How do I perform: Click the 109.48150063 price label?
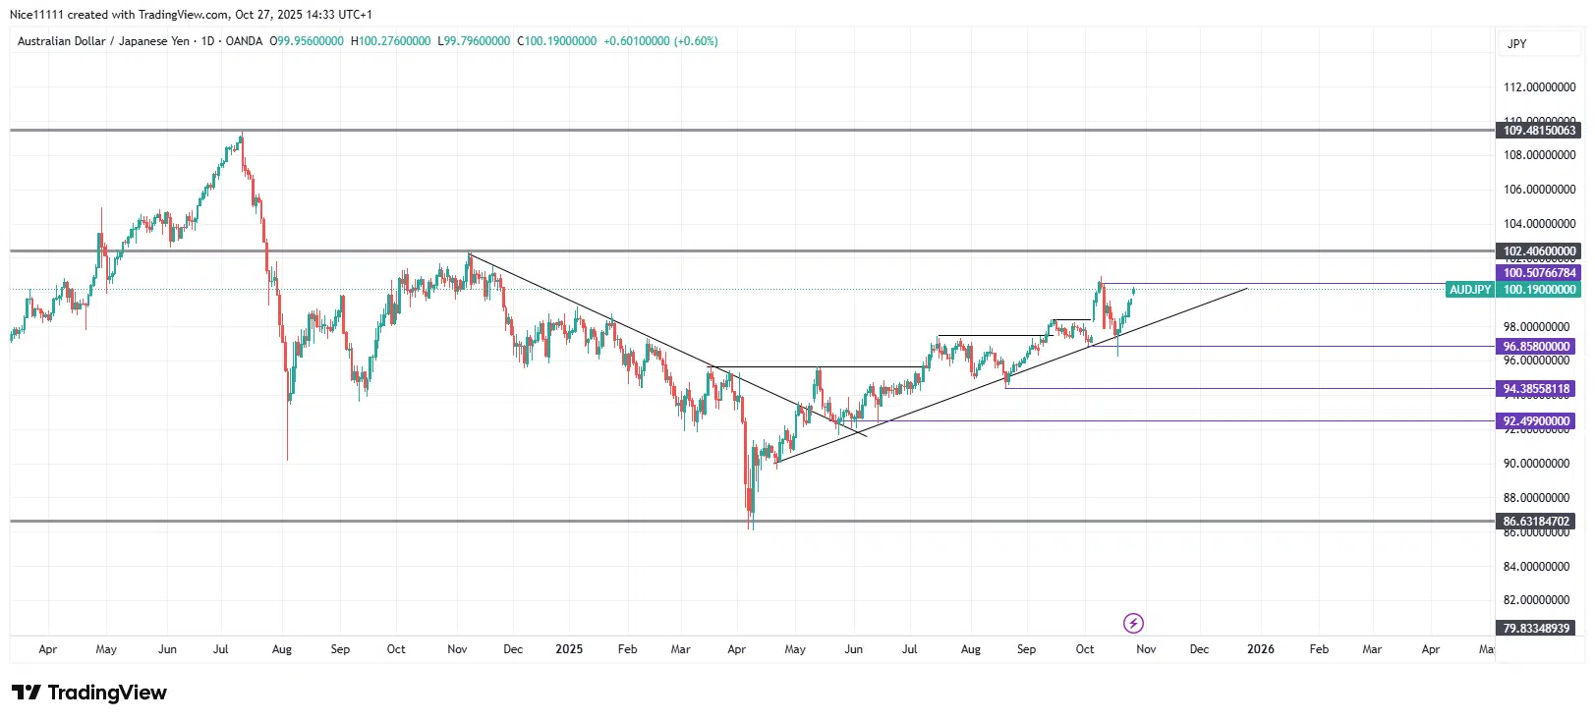click(1539, 131)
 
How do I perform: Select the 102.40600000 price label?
click(1539, 251)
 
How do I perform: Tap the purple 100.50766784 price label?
click(1539, 273)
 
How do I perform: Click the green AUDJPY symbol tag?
click(1470, 290)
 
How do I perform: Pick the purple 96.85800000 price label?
click(1537, 347)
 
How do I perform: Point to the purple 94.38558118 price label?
click(1537, 389)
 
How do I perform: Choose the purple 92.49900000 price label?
click(1537, 421)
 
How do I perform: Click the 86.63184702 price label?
click(1537, 522)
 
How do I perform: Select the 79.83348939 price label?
click(1537, 628)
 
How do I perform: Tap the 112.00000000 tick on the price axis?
click(1539, 87)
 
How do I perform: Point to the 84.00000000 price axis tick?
click(1539, 567)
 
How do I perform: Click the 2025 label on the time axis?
click(569, 649)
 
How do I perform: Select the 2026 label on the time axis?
click(1260, 649)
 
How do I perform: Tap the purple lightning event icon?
click(1133, 623)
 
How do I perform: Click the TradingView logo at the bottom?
click(89, 693)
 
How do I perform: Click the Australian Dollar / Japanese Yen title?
click(103, 41)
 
